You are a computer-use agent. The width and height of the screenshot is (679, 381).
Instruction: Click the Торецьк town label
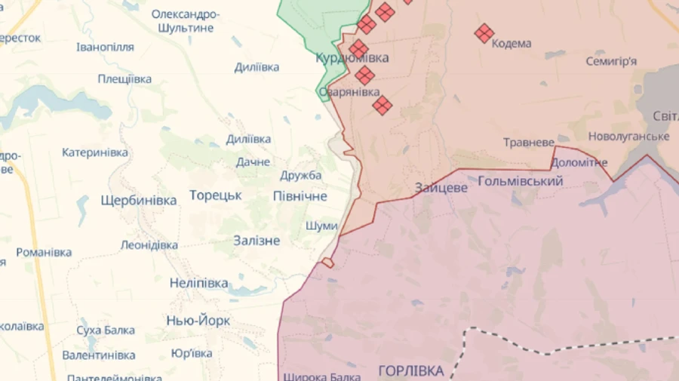point(215,195)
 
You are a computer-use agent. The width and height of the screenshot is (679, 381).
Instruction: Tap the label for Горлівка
point(411,370)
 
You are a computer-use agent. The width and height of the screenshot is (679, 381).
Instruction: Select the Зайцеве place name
point(441,188)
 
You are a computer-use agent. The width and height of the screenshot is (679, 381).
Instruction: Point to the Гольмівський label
point(521,181)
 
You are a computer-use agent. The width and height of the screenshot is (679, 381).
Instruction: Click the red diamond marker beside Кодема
point(484,32)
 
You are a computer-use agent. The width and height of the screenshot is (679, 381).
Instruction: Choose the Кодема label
point(512,44)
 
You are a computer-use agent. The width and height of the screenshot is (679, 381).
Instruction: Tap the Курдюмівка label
point(352,58)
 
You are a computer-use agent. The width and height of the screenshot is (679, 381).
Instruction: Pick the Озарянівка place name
point(349,92)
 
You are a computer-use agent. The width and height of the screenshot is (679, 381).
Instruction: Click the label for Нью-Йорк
point(198,321)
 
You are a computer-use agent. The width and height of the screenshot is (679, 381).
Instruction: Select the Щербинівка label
point(139,201)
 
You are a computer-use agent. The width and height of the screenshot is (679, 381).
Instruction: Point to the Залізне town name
point(257,241)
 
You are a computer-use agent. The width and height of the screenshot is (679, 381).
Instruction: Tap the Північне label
point(300,196)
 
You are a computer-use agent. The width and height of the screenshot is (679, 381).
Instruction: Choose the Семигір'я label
point(611,61)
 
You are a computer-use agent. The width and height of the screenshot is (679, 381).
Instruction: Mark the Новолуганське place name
point(628,137)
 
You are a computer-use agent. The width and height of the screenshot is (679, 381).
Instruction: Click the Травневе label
point(529,143)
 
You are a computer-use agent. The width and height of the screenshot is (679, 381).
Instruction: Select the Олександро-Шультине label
point(186,21)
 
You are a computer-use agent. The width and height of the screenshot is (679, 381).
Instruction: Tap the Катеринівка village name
point(95,152)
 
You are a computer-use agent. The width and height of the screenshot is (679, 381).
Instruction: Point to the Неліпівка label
point(198,284)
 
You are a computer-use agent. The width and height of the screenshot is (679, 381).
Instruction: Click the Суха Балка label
point(106,330)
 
